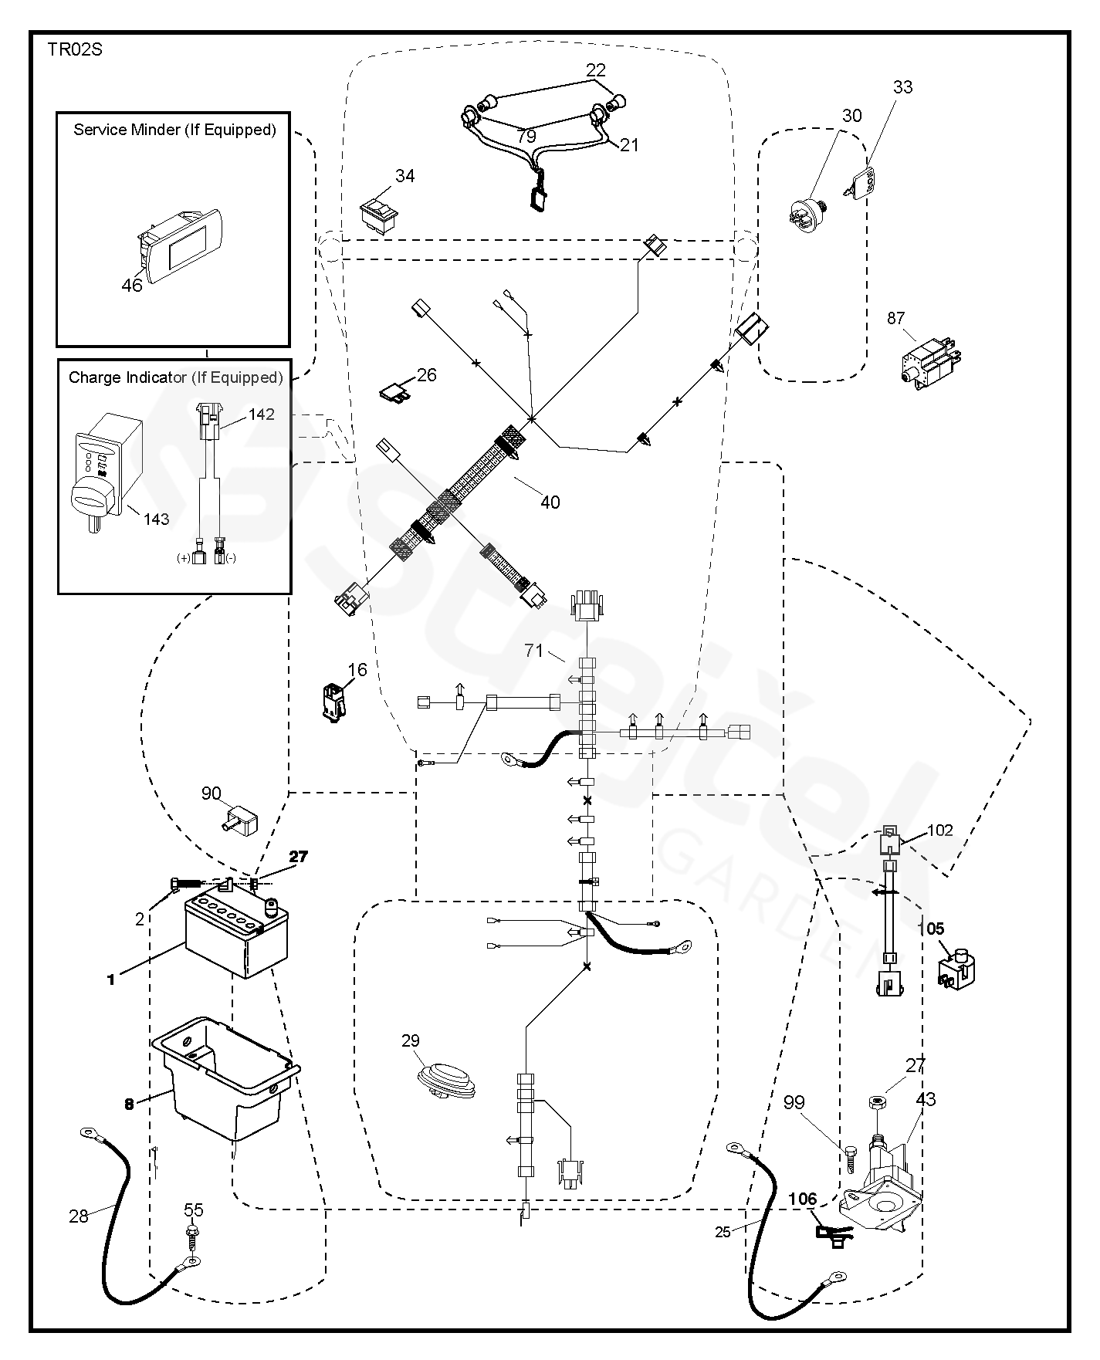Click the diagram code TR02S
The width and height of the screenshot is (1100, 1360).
click(x=74, y=51)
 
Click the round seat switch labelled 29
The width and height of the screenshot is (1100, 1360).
click(x=445, y=1080)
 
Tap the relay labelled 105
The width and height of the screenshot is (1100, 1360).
click(x=956, y=969)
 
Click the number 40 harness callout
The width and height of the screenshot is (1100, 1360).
click(x=550, y=502)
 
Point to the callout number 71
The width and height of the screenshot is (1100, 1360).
click(x=534, y=651)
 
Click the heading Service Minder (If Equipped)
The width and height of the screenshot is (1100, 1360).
click(x=174, y=130)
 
